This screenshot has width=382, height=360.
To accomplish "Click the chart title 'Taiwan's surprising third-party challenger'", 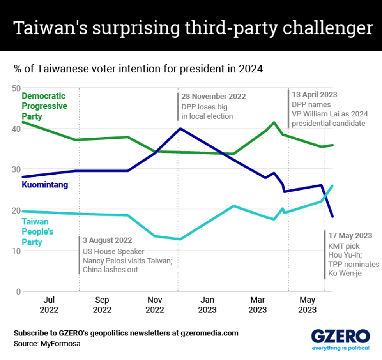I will [x=191, y=29].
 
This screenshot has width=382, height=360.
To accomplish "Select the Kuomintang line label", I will [x=45, y=185].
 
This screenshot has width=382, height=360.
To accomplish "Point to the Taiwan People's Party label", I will [x=37, y=232].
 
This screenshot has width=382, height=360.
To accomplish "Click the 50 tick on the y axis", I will [x=16, y=88].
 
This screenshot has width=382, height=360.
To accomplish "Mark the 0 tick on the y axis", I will [x=18, y=291].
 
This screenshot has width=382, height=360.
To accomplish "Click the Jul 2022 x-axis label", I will [x=49, y=305].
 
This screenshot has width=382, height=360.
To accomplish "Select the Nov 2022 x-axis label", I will [x=155, y=305].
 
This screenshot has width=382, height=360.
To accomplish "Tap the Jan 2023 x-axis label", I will [x=207, y=305].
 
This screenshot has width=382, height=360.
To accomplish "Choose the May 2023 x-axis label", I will [x=307, y=305].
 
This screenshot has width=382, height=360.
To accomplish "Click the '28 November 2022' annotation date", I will [x=214, y=96].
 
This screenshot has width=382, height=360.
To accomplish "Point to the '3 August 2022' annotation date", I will [x=107, y=240].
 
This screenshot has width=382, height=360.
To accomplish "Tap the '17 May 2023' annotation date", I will [x=350, y=236].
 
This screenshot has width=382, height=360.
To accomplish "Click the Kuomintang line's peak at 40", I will [x=179, y=128].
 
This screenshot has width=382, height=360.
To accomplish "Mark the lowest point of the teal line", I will [x=179, y=239].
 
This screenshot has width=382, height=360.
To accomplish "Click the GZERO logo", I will [x=340, y=337].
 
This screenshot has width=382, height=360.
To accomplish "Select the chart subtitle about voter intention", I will [x=138, y=69].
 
